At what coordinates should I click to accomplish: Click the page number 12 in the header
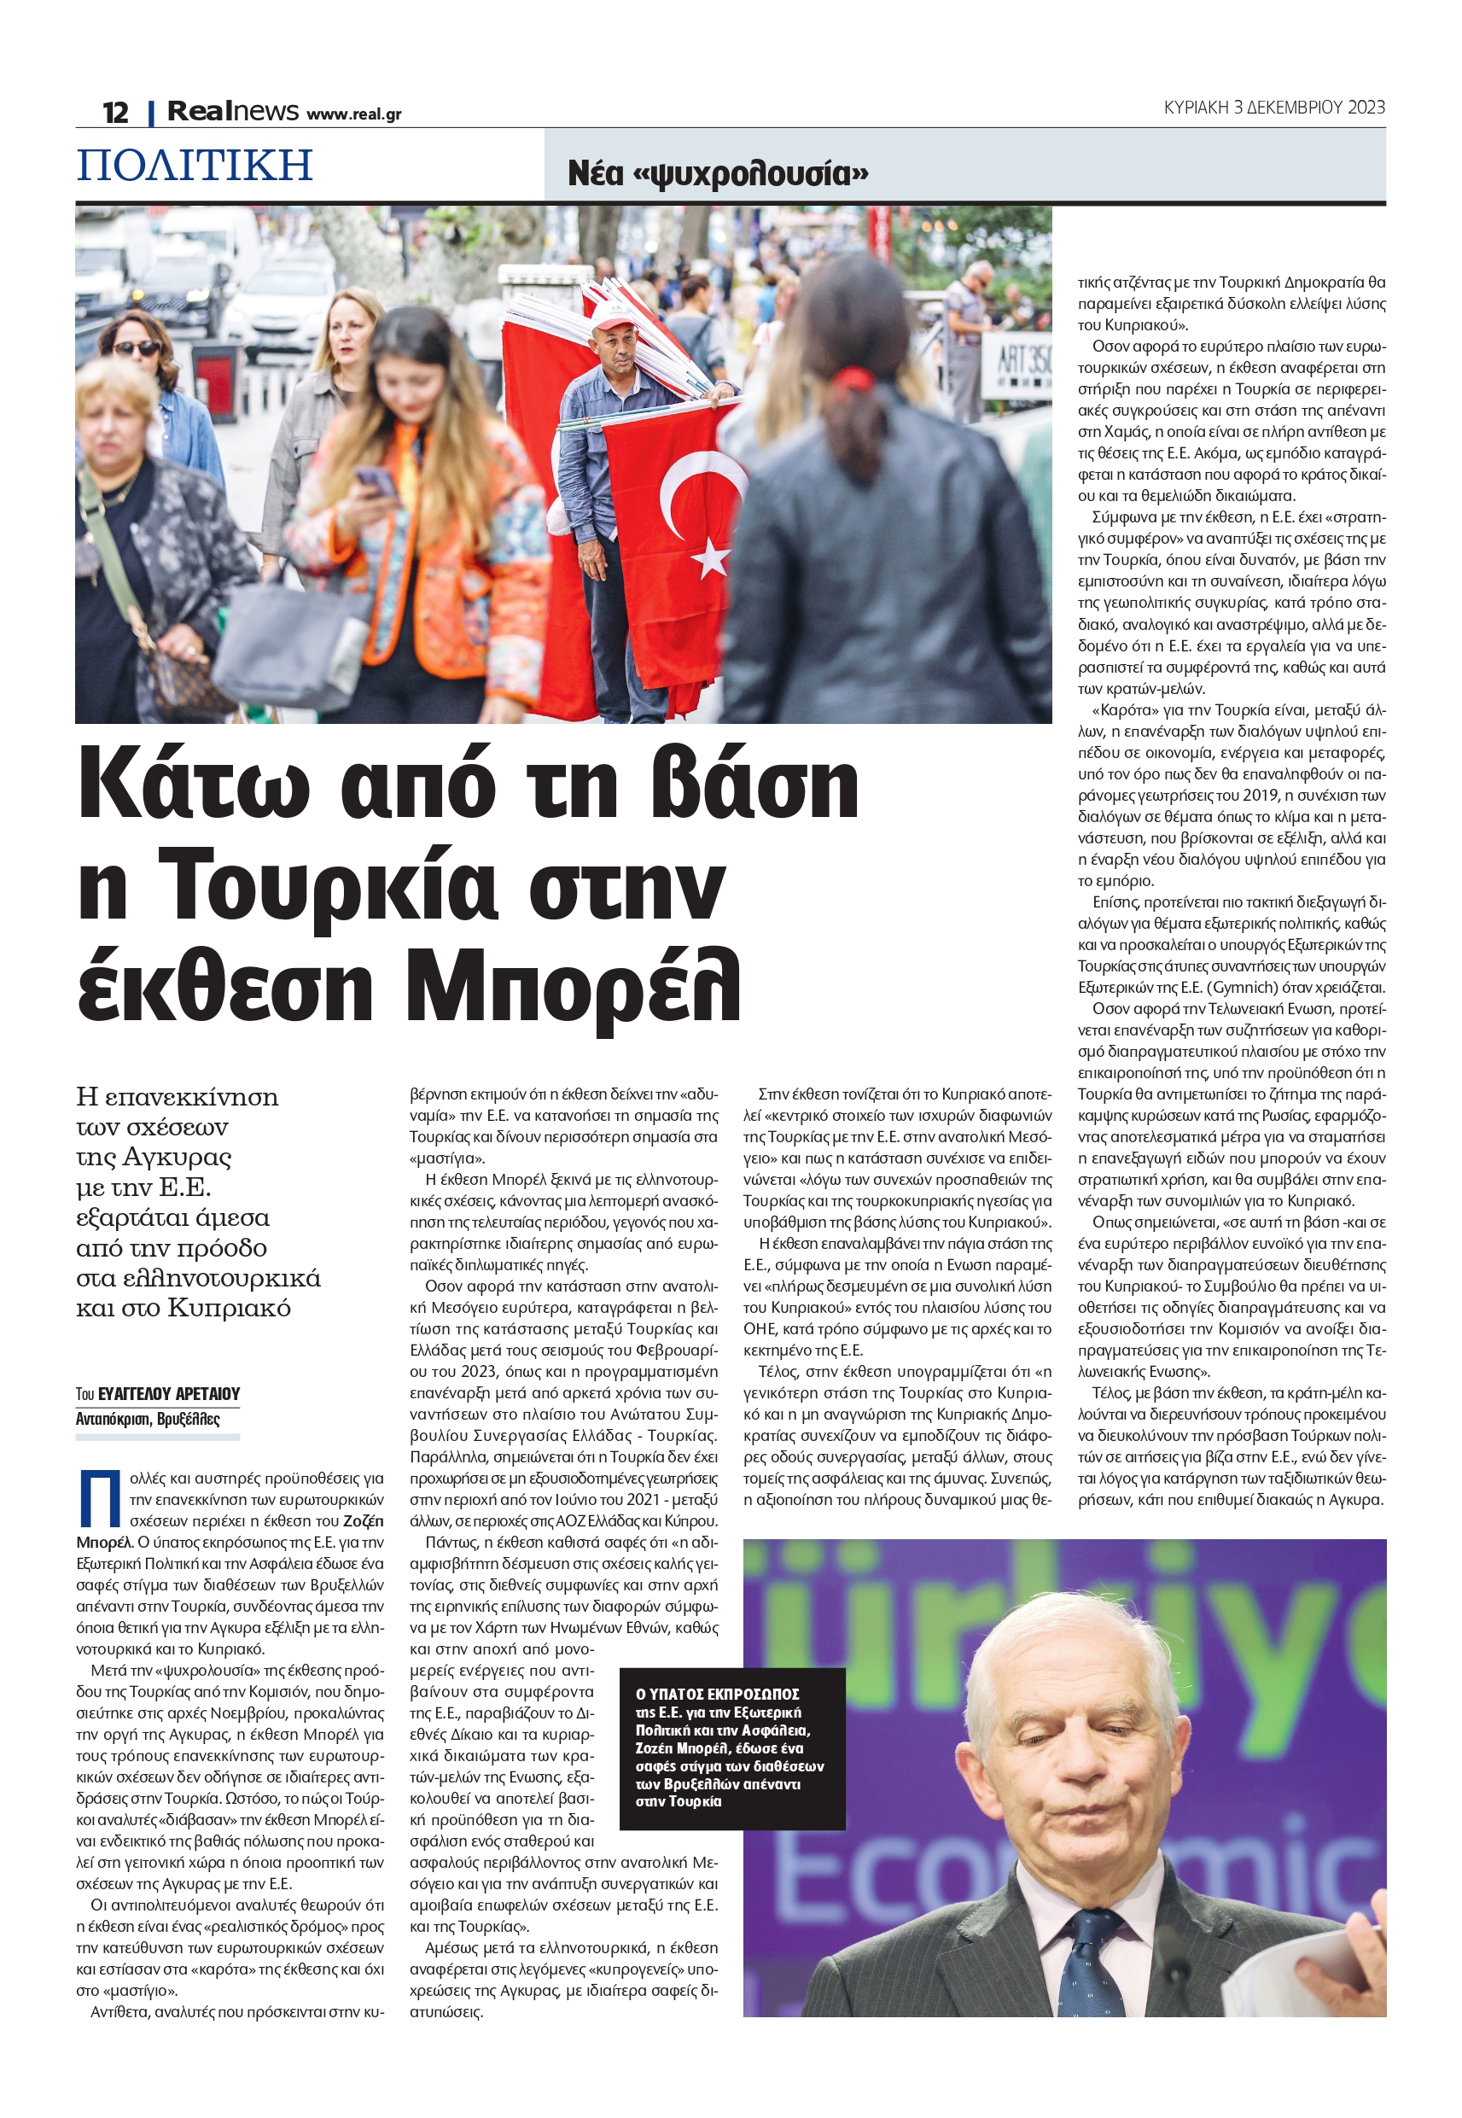coord(115,112)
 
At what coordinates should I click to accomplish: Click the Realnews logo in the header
coord(233,111)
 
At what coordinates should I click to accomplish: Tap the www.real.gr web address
coord(353,114)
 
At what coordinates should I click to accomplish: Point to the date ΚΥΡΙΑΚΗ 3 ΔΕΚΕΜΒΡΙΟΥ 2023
coord(1273,108)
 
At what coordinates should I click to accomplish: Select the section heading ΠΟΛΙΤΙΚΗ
coord(195,165)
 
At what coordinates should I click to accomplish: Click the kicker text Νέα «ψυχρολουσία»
coord(717,172)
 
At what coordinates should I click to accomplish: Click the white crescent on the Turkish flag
coord(696,494)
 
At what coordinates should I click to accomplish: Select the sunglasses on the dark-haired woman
coord(136,348)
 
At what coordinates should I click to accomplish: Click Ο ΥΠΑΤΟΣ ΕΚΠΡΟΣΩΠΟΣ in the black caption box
coord(717,1694)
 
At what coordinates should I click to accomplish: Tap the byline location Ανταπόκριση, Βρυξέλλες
coord(148,1419)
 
